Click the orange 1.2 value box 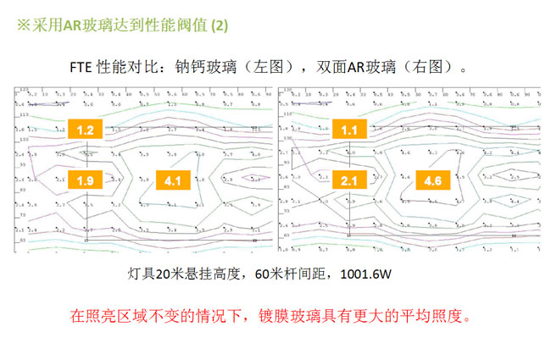pyautogui.click(x=85, y=130)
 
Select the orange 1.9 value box pyautogui.click(x=85, y=180)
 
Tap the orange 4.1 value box pyautogui.click(x=174, y=180)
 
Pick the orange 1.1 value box pyautogui.click(x=350, y=130)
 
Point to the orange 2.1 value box pyautogui.click(x=350, y=180)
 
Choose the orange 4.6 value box pyautogui.click(x=432, y=180)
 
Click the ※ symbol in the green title pyautogui.click(x=25, y=26)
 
